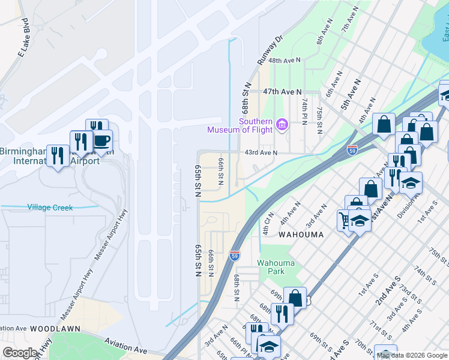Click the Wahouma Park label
[276, 267]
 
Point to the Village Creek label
[50, 208]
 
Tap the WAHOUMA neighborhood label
[301, 235]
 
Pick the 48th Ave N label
[285, 61]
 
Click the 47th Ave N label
[282, 91]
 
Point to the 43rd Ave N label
[261, 152]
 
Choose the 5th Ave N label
[351, 94]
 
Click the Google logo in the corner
[20, 353]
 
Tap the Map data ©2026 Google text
[412, 355]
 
